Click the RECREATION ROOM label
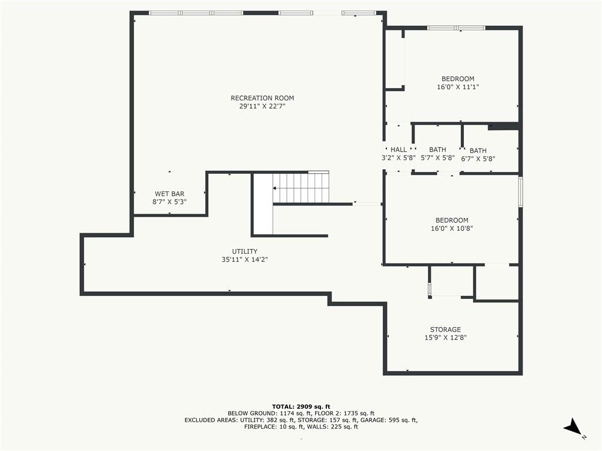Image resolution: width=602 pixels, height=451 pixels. tap(262, 98)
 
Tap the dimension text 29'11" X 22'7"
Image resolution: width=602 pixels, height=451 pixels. tap(262, 106)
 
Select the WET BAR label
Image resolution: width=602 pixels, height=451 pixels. tap(169, 194)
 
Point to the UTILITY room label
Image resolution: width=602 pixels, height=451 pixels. tap(245, 251)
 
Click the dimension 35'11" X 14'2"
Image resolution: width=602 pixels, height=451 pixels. tap(245, 260)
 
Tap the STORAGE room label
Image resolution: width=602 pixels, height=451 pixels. tap(446, 329)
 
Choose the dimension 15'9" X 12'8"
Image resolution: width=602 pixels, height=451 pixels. tap(446, 338)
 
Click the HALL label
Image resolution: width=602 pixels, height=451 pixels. tap(399, 150)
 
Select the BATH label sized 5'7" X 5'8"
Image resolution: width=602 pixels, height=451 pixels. tap(437, 150)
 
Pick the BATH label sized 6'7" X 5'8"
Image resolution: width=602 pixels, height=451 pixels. tap(478, 151)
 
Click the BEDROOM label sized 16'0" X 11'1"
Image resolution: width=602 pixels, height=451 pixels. tap(457, 79)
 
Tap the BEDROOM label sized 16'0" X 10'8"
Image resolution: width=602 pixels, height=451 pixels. tap(452, 221)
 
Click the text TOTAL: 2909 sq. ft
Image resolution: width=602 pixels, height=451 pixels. tap(301, 406)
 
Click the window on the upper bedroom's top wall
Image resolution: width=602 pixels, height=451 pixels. tap(456, 28)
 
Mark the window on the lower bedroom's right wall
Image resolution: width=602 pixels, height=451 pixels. tap(521, 192)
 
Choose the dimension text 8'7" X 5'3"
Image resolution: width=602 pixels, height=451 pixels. tap(169, 202)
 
